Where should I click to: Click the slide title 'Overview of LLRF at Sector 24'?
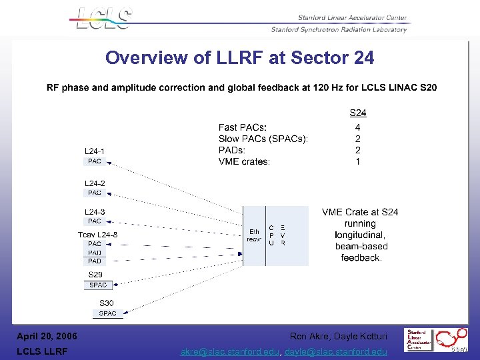tap(239, 58)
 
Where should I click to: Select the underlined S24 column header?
tap(358, 113)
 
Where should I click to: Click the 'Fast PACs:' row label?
tap(243, 127)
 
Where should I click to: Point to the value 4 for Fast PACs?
tap(358, 127)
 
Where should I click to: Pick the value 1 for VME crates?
tap(358, 161)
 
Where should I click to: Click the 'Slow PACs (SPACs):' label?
tap(263, 139)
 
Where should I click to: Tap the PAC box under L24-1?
tap(95, 161)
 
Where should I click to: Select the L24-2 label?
tap(95, 183)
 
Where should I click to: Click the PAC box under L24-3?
tap(95, 221)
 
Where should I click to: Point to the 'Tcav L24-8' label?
tap(97, 235)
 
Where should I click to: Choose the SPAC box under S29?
tap(98, 285)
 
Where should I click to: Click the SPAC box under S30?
tap(107, 313)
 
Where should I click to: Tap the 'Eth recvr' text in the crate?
tap(254, 235)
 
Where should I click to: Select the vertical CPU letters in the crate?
tap(271, 235)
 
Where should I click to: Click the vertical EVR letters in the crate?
tap(283, 235)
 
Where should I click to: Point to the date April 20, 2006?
tap(47, 336)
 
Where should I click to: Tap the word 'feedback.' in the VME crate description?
tap(361, 258)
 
